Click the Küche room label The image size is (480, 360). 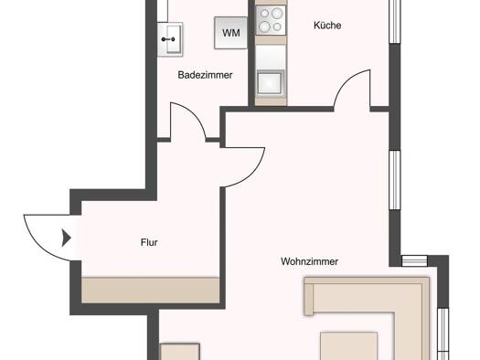[x=327, y=25]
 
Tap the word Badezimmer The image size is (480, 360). [x=205, y=75]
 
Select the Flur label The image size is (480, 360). [x=149, y=242]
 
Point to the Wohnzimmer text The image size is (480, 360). [x=310, y=261]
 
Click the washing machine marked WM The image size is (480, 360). [x=230, y=33]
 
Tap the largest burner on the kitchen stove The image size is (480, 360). [x=277, y=13]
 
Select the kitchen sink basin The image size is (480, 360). [x=270, y=82]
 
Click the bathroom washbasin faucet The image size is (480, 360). [x=168, y=39]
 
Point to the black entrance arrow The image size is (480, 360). [x=67, y=238]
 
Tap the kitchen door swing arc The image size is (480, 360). [x=346, y=80]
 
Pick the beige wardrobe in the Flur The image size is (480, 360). [x=151, y=291]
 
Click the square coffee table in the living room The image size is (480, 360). [x=348, y=346]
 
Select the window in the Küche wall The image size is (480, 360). [x=395, y=21]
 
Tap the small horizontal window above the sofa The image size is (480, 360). [x=414, y=261]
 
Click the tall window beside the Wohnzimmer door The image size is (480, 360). [x=395, y=180]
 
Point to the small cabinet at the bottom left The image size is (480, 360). [x=180, y=352]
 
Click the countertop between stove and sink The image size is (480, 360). [x=271, y=57]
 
